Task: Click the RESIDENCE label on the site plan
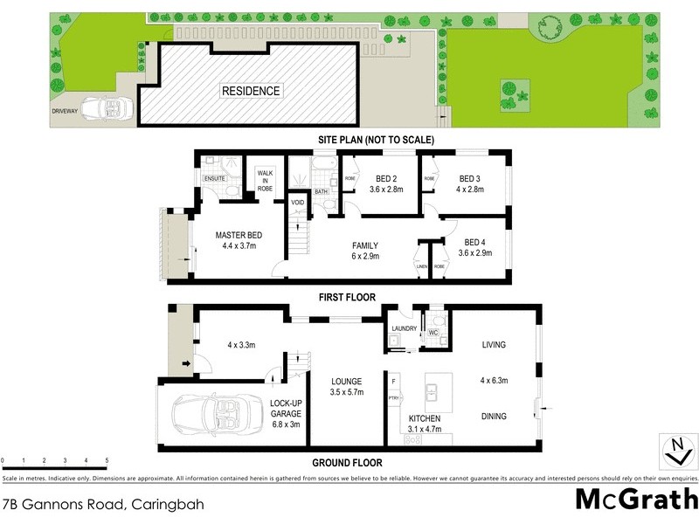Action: (x=250, y=91)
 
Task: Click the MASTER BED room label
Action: (x=239, y=235)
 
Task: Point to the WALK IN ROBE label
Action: (x=266, y=180)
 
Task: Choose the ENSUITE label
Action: (x=215, y=179)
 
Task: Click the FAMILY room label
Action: (x=364, y=245)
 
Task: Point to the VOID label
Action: (x=298, y=203)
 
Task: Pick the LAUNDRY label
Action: (x=404, y=328)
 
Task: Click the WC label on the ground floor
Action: (x=433, y=332)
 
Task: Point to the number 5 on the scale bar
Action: (x=107, y=459)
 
